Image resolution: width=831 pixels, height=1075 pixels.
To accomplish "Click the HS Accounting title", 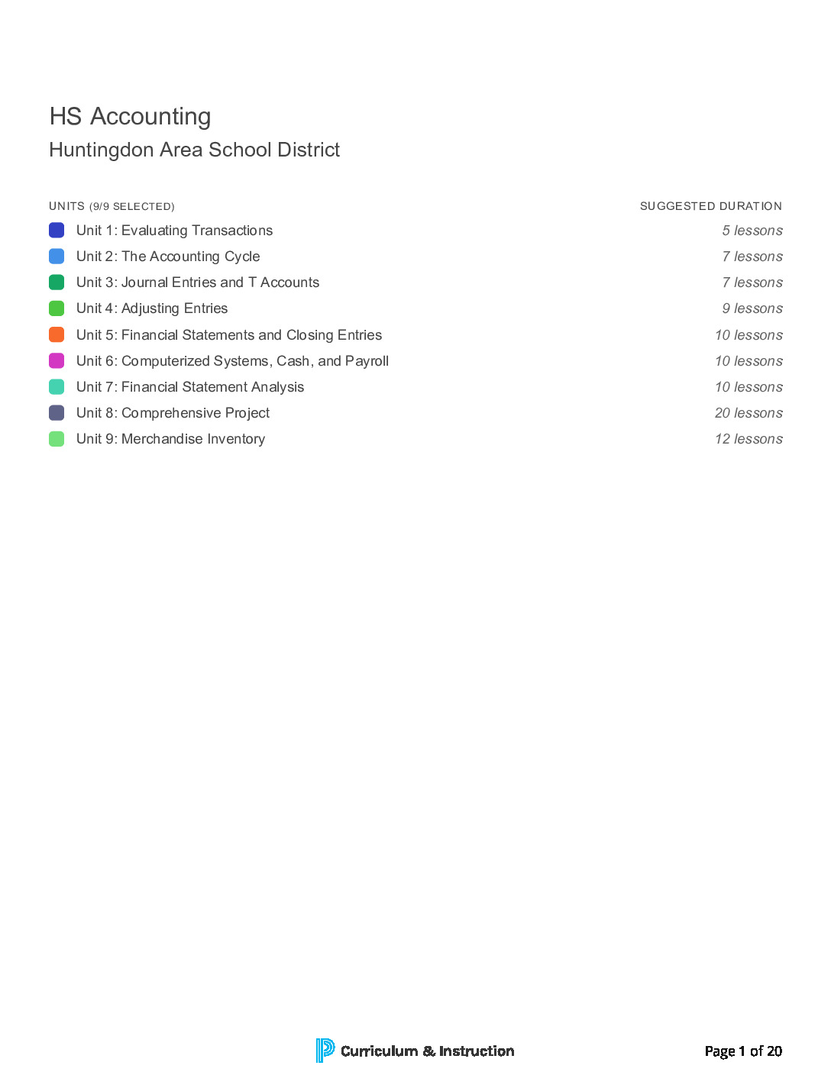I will click(x=130, y=117).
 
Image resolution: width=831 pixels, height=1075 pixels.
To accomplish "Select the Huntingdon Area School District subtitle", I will click(x=194, y=150).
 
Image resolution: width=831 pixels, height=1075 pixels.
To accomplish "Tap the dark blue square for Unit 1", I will click(x=57, y=231).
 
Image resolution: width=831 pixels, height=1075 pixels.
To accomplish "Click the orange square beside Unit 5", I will click(x=57, y=335).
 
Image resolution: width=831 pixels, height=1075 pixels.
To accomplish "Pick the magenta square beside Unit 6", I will click(x=57, y=361).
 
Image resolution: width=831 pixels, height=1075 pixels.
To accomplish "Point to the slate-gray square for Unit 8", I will click(x=57, y=413).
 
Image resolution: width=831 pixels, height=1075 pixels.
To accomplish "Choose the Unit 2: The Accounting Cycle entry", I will click(x=168, y=257).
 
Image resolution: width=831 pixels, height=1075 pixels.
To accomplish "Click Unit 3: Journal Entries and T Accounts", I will click(x=198, y=282).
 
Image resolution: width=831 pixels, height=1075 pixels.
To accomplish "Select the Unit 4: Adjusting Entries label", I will click(x=152, y=308).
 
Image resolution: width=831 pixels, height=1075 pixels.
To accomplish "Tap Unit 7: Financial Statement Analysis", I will click(x=190, y=387).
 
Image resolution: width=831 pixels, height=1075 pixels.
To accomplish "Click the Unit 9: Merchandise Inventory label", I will click(x=170, y=439).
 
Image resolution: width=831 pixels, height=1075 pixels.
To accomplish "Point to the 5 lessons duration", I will click(x=752, y=231).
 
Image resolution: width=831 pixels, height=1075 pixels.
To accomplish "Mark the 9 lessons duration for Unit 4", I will click(x=752, y=308).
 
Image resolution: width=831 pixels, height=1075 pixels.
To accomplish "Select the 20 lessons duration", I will click(x=749, y=413).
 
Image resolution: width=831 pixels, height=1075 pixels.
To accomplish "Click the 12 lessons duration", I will click(x=749, y=439).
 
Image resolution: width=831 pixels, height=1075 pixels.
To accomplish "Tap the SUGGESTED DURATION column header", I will click(x=710, y=206).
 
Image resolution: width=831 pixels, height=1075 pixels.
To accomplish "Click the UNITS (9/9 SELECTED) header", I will click(x=112, y=206).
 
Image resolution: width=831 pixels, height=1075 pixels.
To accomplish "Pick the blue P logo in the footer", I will click(x=325, y=1051).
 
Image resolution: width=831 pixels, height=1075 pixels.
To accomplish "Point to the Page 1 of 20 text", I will click(x=743, y=1051).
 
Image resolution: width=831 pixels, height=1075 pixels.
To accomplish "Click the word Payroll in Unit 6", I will click(x=367, y=361).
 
